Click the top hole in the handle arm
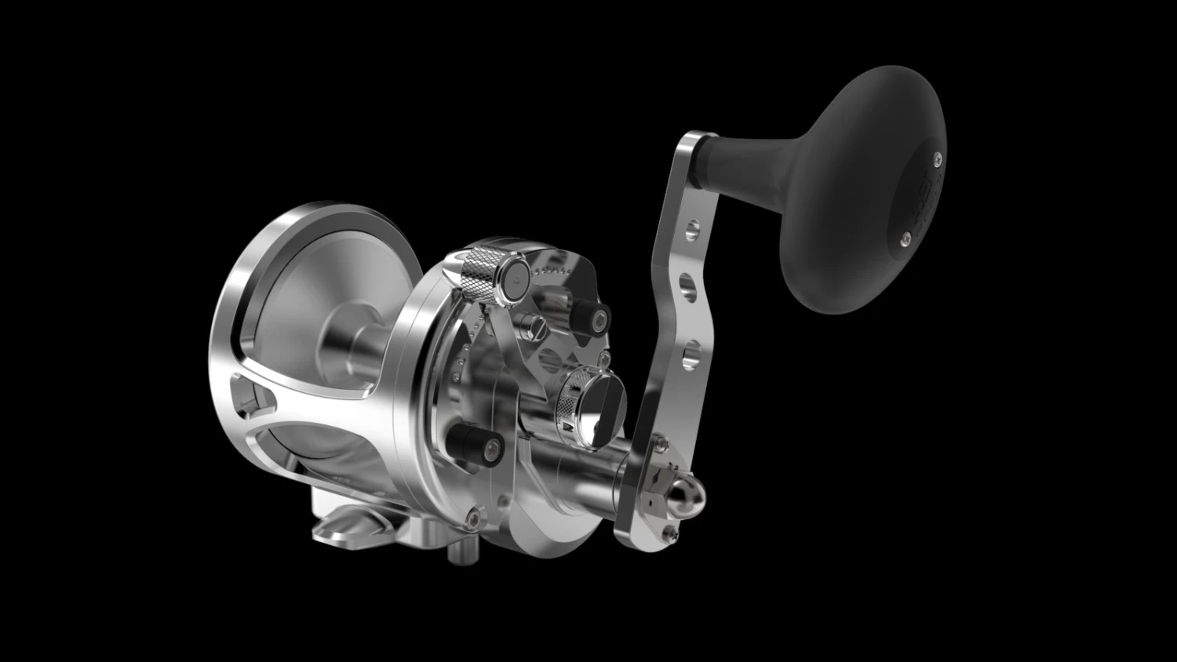pos(691,229)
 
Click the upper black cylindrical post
pos(588,315)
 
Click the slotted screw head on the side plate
pos(537,325)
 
